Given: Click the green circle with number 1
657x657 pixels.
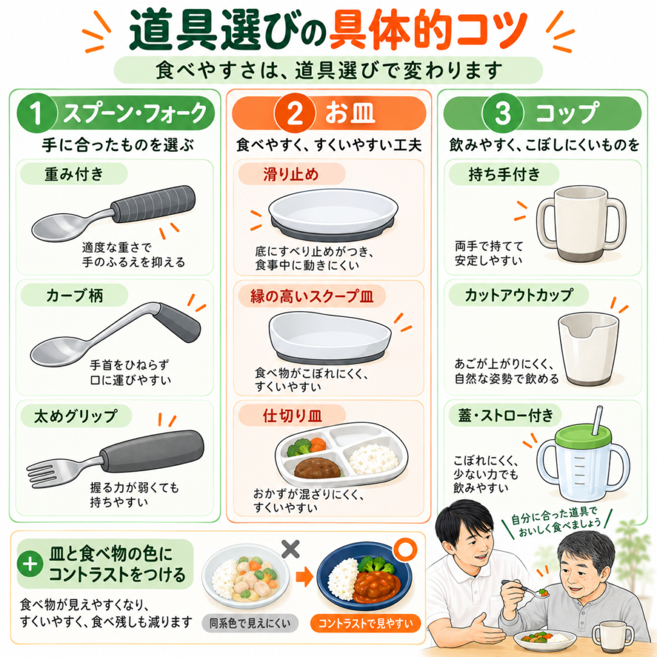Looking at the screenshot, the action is [37, 113].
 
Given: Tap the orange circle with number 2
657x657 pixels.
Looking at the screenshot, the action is [294, 113].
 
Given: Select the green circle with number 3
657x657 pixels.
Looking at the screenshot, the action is [503, 113].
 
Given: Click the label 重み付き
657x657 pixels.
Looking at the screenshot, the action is [74, 174].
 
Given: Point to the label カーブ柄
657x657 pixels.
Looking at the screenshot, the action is [74, 295].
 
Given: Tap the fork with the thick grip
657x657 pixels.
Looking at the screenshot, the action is [115, 459].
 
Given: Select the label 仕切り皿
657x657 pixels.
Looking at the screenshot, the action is [292, 416].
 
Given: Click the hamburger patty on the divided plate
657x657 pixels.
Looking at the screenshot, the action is [318, 468].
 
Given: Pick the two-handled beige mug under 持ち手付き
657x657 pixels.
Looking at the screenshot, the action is [581, 224].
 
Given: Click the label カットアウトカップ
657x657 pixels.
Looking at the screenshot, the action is [518, 295].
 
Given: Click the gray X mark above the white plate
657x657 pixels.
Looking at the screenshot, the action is [291, 549].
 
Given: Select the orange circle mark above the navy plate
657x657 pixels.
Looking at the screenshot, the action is [405, 549].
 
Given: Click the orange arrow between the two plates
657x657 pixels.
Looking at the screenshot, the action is [305, 577].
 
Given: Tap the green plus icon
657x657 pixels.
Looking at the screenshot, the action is [30, 564].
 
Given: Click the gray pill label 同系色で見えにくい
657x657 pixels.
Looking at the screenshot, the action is [250, 624].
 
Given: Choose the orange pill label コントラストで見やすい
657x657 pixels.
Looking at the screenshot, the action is [366, 624].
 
